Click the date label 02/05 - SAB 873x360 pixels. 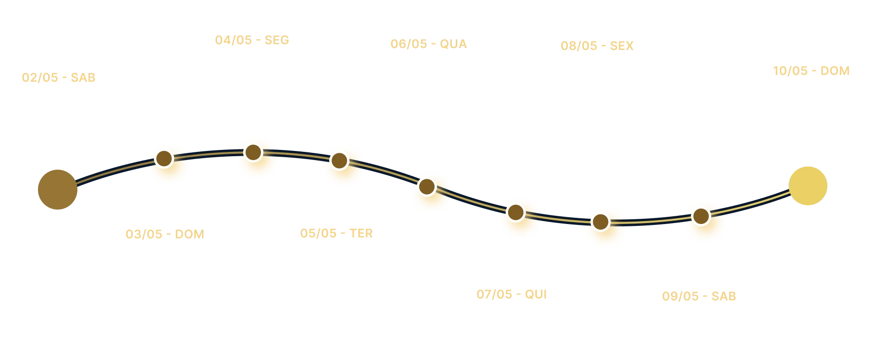(58, 77)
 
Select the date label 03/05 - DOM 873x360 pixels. (164, 234)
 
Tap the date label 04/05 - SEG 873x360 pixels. (251, 40)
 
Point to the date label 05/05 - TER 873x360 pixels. (337, 233)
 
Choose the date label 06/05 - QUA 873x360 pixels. (428, 44)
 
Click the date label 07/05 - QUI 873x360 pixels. (511, 294)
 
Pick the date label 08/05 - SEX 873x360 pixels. (597, 46)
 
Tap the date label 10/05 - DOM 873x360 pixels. (811, 71)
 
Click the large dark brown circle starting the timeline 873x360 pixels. (57, 189)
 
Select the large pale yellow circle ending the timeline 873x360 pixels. (809, 186)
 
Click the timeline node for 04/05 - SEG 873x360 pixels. (252, 152)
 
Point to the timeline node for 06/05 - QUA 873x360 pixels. (426, 186)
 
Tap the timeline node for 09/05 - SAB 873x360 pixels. (701, 216)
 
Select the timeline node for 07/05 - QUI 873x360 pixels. (515, 212)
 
